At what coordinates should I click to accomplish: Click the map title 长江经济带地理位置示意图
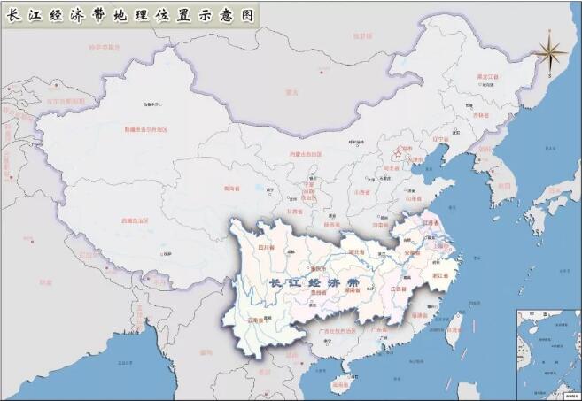[x=129, y=15]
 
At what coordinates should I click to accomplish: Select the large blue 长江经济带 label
[x=314, y=282]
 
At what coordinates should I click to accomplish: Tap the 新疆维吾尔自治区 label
[x=146, y=129]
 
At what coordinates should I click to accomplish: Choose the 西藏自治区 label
[x=131, y=220]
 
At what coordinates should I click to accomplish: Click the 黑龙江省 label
[x=488, y=78]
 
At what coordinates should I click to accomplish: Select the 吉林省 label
[x=481, y=115]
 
